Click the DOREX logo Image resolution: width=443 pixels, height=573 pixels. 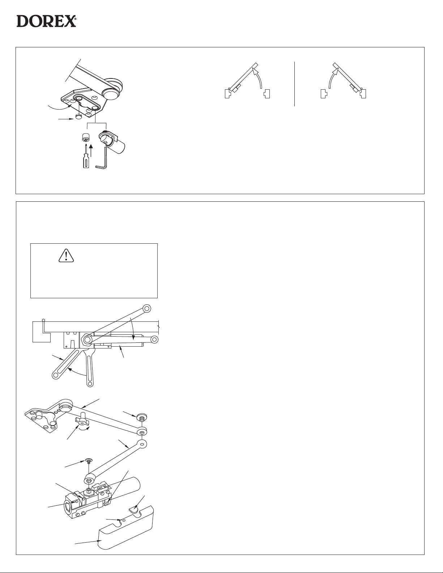point(46,21)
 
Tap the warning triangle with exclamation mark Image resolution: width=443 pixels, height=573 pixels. point(66,256)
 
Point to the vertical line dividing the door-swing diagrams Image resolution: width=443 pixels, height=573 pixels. point(294,84)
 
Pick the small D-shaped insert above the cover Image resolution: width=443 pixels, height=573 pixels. point(135,508)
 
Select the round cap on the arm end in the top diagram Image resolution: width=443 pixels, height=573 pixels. point(110,93)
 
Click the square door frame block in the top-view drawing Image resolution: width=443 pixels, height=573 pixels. point(41,332)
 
